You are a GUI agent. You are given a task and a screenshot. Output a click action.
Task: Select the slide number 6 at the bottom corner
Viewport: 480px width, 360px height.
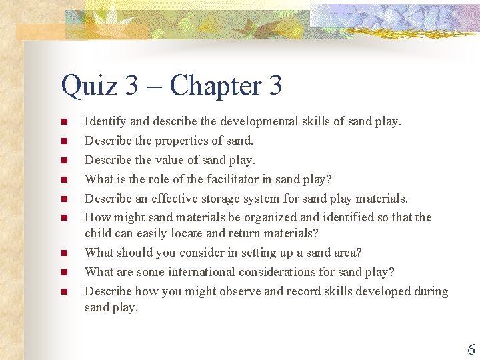471,349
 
